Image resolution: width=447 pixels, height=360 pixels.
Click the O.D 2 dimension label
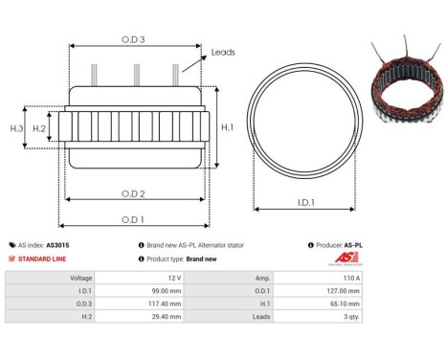point(134,194)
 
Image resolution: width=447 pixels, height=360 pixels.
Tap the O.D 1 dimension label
point(134,219)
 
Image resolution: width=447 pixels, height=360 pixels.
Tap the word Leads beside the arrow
point(223,54)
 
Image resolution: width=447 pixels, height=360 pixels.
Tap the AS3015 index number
point(57,245)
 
